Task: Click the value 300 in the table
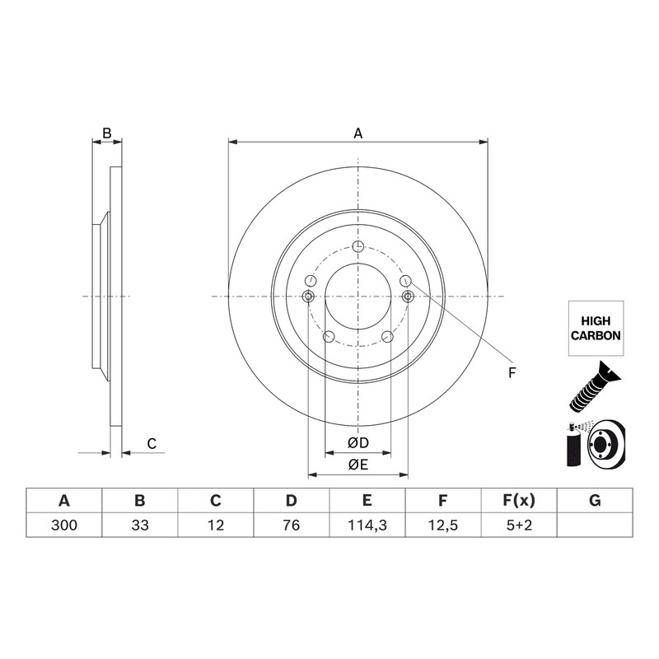64,525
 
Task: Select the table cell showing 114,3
367,525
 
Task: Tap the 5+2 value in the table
519,525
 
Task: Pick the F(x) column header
519,501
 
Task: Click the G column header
595,501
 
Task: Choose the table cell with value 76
292,525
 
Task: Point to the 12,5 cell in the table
443,525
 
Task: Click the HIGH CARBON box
596,328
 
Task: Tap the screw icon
594,386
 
